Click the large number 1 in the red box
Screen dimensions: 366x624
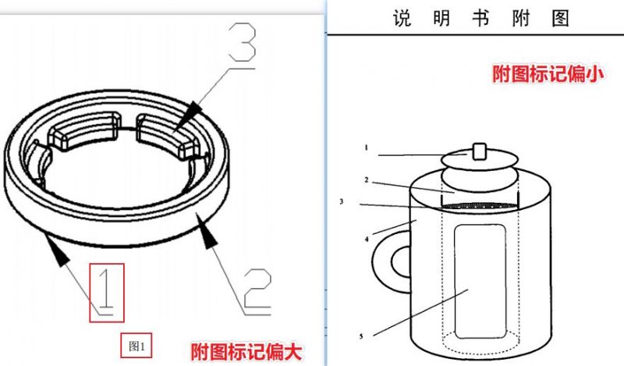[108, 291]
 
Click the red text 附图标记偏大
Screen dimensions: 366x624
[246, 352]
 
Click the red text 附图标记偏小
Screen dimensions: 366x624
[548, 74]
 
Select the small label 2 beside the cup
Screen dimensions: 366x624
[365, 179]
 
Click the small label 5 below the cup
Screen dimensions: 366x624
[361, 336]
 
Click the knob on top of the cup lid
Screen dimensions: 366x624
[480, 149]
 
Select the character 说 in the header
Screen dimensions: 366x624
[402, 19]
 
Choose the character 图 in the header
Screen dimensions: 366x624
[559, 19]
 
